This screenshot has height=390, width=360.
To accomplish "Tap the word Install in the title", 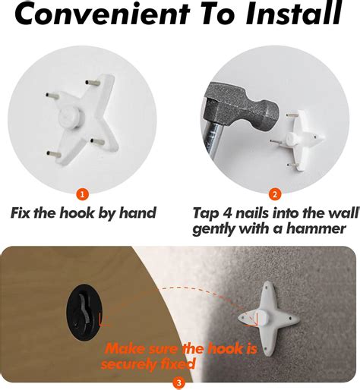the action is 294,13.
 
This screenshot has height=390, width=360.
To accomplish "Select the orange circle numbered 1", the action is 83,194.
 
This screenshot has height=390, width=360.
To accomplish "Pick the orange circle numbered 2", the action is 275,194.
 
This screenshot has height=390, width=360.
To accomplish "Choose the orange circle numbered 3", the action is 179,382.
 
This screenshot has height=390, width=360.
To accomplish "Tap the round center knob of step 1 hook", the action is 71,117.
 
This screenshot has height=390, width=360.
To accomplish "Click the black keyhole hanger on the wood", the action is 85,312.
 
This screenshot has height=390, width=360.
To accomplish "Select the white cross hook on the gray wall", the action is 269,319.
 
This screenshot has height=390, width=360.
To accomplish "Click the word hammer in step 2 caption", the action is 316,229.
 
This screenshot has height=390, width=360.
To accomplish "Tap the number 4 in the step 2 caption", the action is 228,213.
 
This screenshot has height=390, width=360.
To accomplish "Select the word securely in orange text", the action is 128,364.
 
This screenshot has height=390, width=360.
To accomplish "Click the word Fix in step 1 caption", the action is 21,212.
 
